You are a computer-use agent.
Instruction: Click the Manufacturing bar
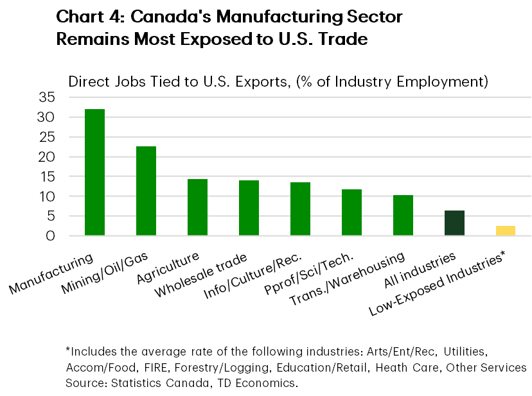(x=94, y=172)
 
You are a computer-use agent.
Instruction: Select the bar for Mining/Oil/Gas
(x=146, y=191)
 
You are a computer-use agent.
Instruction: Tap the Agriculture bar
(x=197, y=207)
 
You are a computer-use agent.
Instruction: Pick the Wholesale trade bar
(x=249, y=208)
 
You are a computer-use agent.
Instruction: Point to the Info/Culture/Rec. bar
(x=300, y=209)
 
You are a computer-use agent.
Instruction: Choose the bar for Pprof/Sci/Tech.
(x=351, y=212)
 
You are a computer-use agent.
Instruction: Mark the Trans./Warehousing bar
(x=403, y=215)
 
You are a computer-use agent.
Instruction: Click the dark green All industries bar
(x=454, y=223)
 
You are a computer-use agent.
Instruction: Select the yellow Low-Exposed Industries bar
(x=506, y=230)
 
